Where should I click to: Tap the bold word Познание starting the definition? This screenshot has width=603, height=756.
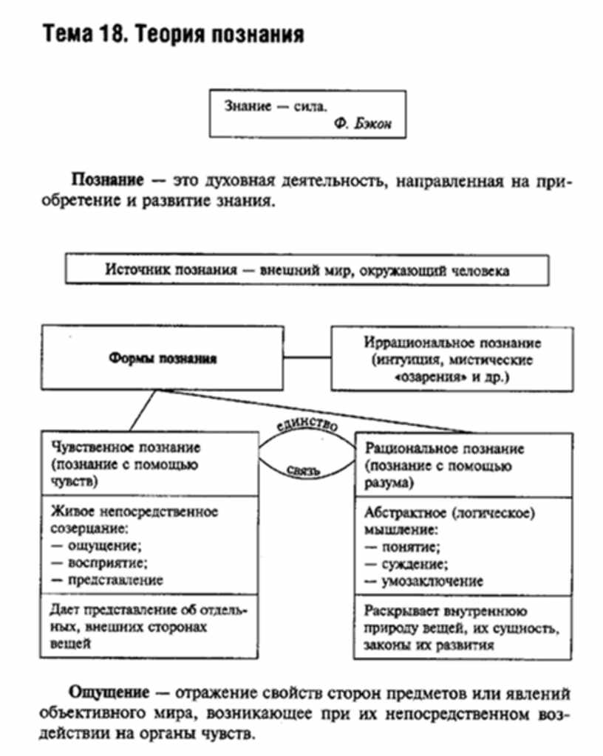coord(106,181)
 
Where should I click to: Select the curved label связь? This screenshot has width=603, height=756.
coord(305,469)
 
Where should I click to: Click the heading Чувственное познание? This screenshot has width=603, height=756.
coord(126,447)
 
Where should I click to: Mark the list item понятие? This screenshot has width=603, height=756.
coord(411,547)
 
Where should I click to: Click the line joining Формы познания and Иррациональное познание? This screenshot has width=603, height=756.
coord(307,359)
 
